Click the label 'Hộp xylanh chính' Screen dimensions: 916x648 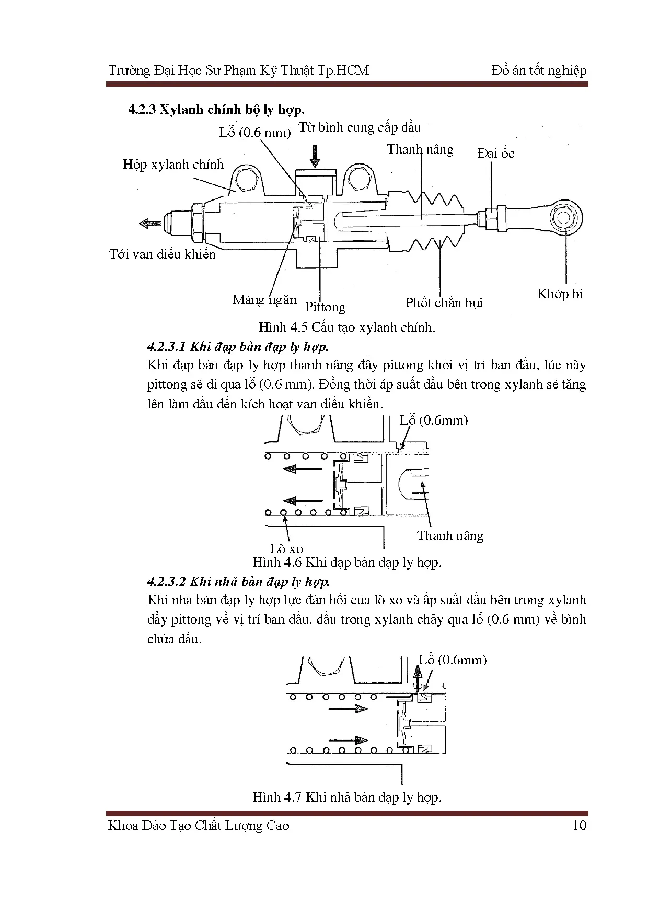[x=173, y=165]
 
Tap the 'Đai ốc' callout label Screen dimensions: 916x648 [x=495, y=154]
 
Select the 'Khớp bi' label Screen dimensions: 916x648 [x=560, y=294]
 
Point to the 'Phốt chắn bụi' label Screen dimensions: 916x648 [x=444, y=303]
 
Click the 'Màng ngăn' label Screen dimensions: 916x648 [x=264, y=300]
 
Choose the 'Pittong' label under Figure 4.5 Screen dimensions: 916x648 [x=325, y=307]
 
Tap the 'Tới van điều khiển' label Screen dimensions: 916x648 [x=163, y=254]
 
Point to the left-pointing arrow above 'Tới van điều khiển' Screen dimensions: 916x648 [x=151, y=224]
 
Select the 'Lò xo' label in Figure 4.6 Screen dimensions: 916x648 [x=286, y=549]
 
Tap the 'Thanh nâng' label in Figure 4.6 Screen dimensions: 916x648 [x=450, y=536]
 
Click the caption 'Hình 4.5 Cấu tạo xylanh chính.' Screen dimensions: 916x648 [x=347, y=327]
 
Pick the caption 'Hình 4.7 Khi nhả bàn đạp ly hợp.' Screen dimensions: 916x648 [x=347, y=797]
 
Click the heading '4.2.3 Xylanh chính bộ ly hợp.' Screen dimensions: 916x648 [x=216, y=110]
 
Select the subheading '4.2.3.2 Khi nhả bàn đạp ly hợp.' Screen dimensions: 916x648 [x=238, y=582]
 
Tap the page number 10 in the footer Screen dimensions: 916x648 [x=580, y=826]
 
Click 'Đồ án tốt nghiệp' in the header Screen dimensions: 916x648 [x=539, y=71]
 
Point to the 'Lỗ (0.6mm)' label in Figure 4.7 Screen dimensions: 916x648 [x=453, y=660]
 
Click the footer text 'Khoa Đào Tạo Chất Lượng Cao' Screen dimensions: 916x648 [x=199, y=826]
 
